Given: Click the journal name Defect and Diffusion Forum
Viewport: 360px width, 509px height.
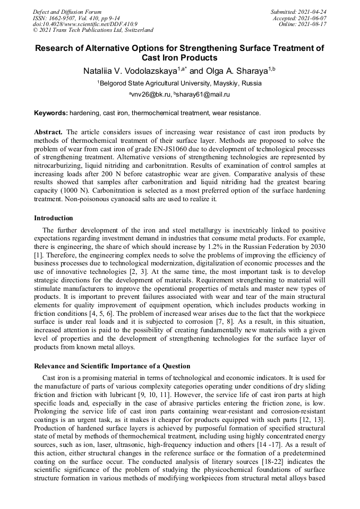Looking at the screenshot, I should point(67,11).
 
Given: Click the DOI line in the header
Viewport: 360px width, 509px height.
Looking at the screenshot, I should point(85,24).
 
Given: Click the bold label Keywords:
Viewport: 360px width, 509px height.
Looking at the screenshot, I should point(51,113).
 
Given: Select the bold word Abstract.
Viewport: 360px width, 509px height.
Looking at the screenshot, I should point(48,132).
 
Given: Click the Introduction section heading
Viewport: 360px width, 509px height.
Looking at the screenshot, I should point(54,218).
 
